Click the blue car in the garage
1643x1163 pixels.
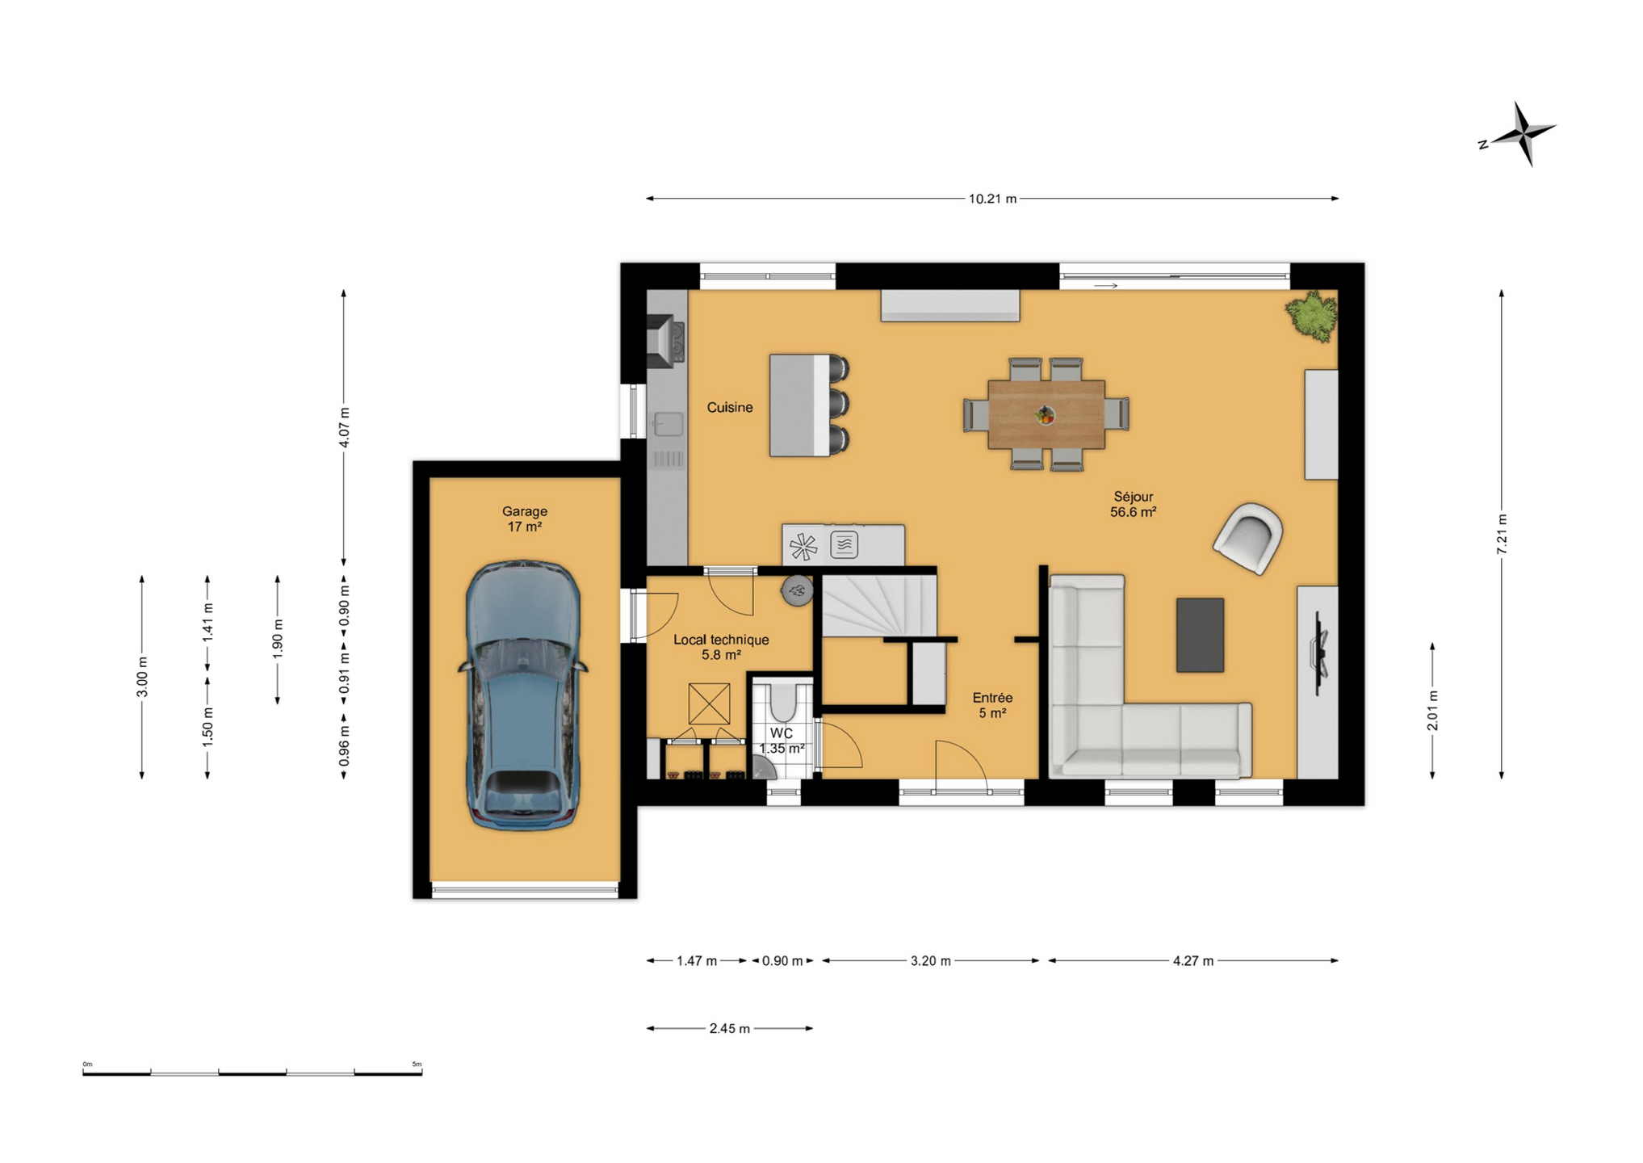pyautogui.click(x=523, y=695)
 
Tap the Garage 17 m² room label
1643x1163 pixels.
pyautogui.click(x=525, y=519)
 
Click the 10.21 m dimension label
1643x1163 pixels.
pyautogui.click(x=992, y=199)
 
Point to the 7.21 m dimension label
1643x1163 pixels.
pyautogui.click(x=1502, y=534)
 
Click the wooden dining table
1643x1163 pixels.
pyautogui.click(x=1046, y=414)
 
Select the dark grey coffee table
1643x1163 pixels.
pyautogui.click(x=1200, y=635)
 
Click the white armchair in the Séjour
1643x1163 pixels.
pyautogui.click(x=1248, y=538)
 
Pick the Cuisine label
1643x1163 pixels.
pyautogui.click(x=730, y=408)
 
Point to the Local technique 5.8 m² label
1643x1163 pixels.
pyautogui.click(x=721, y=647)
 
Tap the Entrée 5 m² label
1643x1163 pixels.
pyautogui.click(x=992, y=705)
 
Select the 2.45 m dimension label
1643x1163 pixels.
pyautogui.click(x=730, y=1029)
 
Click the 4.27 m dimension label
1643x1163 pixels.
pyautogui.click(x=1193, y=961)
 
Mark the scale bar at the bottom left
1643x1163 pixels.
pyautogui.click(x=252, y=1073)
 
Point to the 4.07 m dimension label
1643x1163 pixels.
pyautogui.click(x=344, y=428)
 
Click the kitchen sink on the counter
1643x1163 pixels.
pyautogui.click(x=668, y=424)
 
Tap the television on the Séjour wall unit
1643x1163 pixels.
pyautogui.click(x=1319, y=653)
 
